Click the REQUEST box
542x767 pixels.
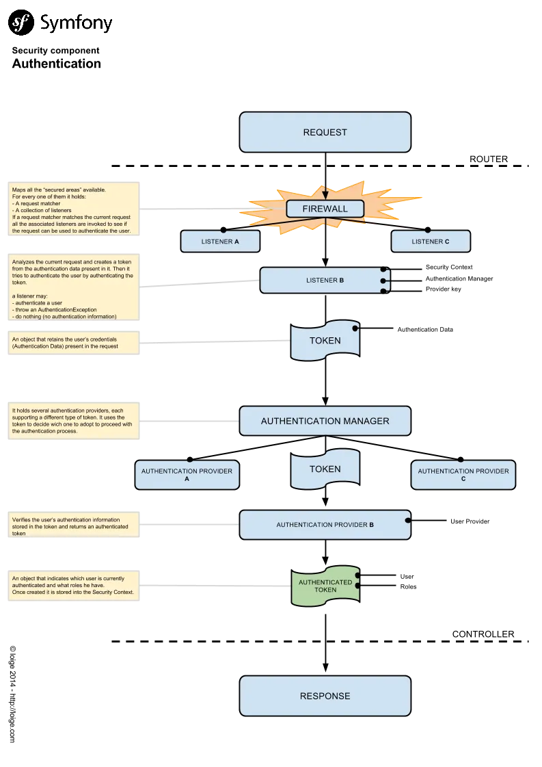click(325, 132)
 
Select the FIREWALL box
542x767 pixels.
click(325, 209)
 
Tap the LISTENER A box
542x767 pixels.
click(220, 242)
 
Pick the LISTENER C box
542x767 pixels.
click(430, 242)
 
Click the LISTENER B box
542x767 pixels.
click(323, 281)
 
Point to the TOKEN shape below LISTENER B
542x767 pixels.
click(325, 341)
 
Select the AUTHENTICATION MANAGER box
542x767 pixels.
click(325, 421)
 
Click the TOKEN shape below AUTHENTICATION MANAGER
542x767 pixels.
click(325, 469)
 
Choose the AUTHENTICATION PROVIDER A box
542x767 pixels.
click(187, 475)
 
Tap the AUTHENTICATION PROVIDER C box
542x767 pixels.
click(463, 475)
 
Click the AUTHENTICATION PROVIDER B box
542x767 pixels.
click(325, 525)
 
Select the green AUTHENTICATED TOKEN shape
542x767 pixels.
click(325, 586)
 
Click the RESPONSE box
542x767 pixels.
click(325, 696)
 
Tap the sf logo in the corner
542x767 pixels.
click(21, 23)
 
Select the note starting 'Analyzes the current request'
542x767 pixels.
click(73, 287)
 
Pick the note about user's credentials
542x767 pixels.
click(73, 342)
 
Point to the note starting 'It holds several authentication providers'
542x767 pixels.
click(73, 421)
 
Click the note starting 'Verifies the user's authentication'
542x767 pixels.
click(73, 526)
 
